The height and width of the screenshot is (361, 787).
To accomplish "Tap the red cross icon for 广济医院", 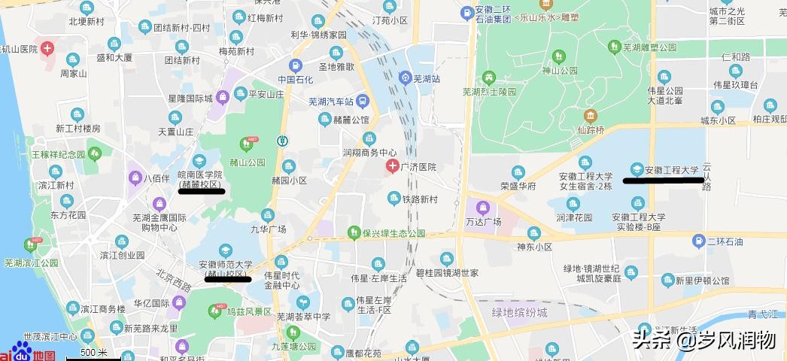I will (392, 166).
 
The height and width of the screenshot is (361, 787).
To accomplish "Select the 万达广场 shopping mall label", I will (483, 221).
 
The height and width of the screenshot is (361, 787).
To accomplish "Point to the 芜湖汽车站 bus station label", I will (331, 101).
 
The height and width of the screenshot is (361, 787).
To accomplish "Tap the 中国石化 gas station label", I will (296, 79).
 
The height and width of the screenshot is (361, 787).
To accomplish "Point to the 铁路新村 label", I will (418, 199).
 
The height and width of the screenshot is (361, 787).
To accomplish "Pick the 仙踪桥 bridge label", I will (591, 129).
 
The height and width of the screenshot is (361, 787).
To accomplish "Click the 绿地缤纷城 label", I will (520, 311).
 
